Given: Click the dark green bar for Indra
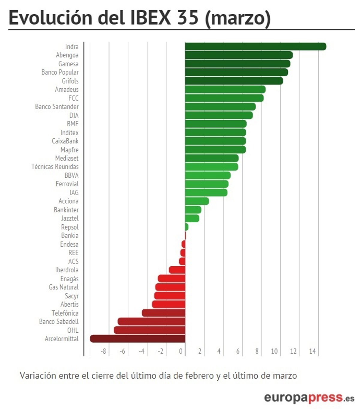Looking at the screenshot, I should tap(255, 46).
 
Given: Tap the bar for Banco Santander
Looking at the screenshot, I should tap(220, 106).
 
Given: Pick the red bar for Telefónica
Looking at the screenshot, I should tap(163, 313).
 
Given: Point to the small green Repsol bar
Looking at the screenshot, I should tap(187, 227).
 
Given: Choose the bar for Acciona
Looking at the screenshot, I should tap(197, 201).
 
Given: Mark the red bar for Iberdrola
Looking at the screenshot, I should tap(177, 270).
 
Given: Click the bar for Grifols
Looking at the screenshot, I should tap(234, 81).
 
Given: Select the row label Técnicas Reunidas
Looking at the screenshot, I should tap(55, 167).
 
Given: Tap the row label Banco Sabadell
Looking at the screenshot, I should tap(59, 322).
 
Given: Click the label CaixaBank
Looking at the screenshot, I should tap(65, 141).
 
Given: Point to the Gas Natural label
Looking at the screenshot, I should tap(64, 287).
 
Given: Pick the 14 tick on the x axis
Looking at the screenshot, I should tap(312, 351).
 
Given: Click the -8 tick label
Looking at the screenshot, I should tap(103, 351).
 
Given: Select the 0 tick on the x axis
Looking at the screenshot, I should tap(181, 351).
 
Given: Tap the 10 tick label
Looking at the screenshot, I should tap(274, 351).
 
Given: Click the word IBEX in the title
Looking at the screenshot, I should tap(151, 17).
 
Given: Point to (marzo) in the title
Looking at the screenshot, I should tap(238, 18).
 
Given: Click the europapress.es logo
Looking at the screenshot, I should tap(309, 398).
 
